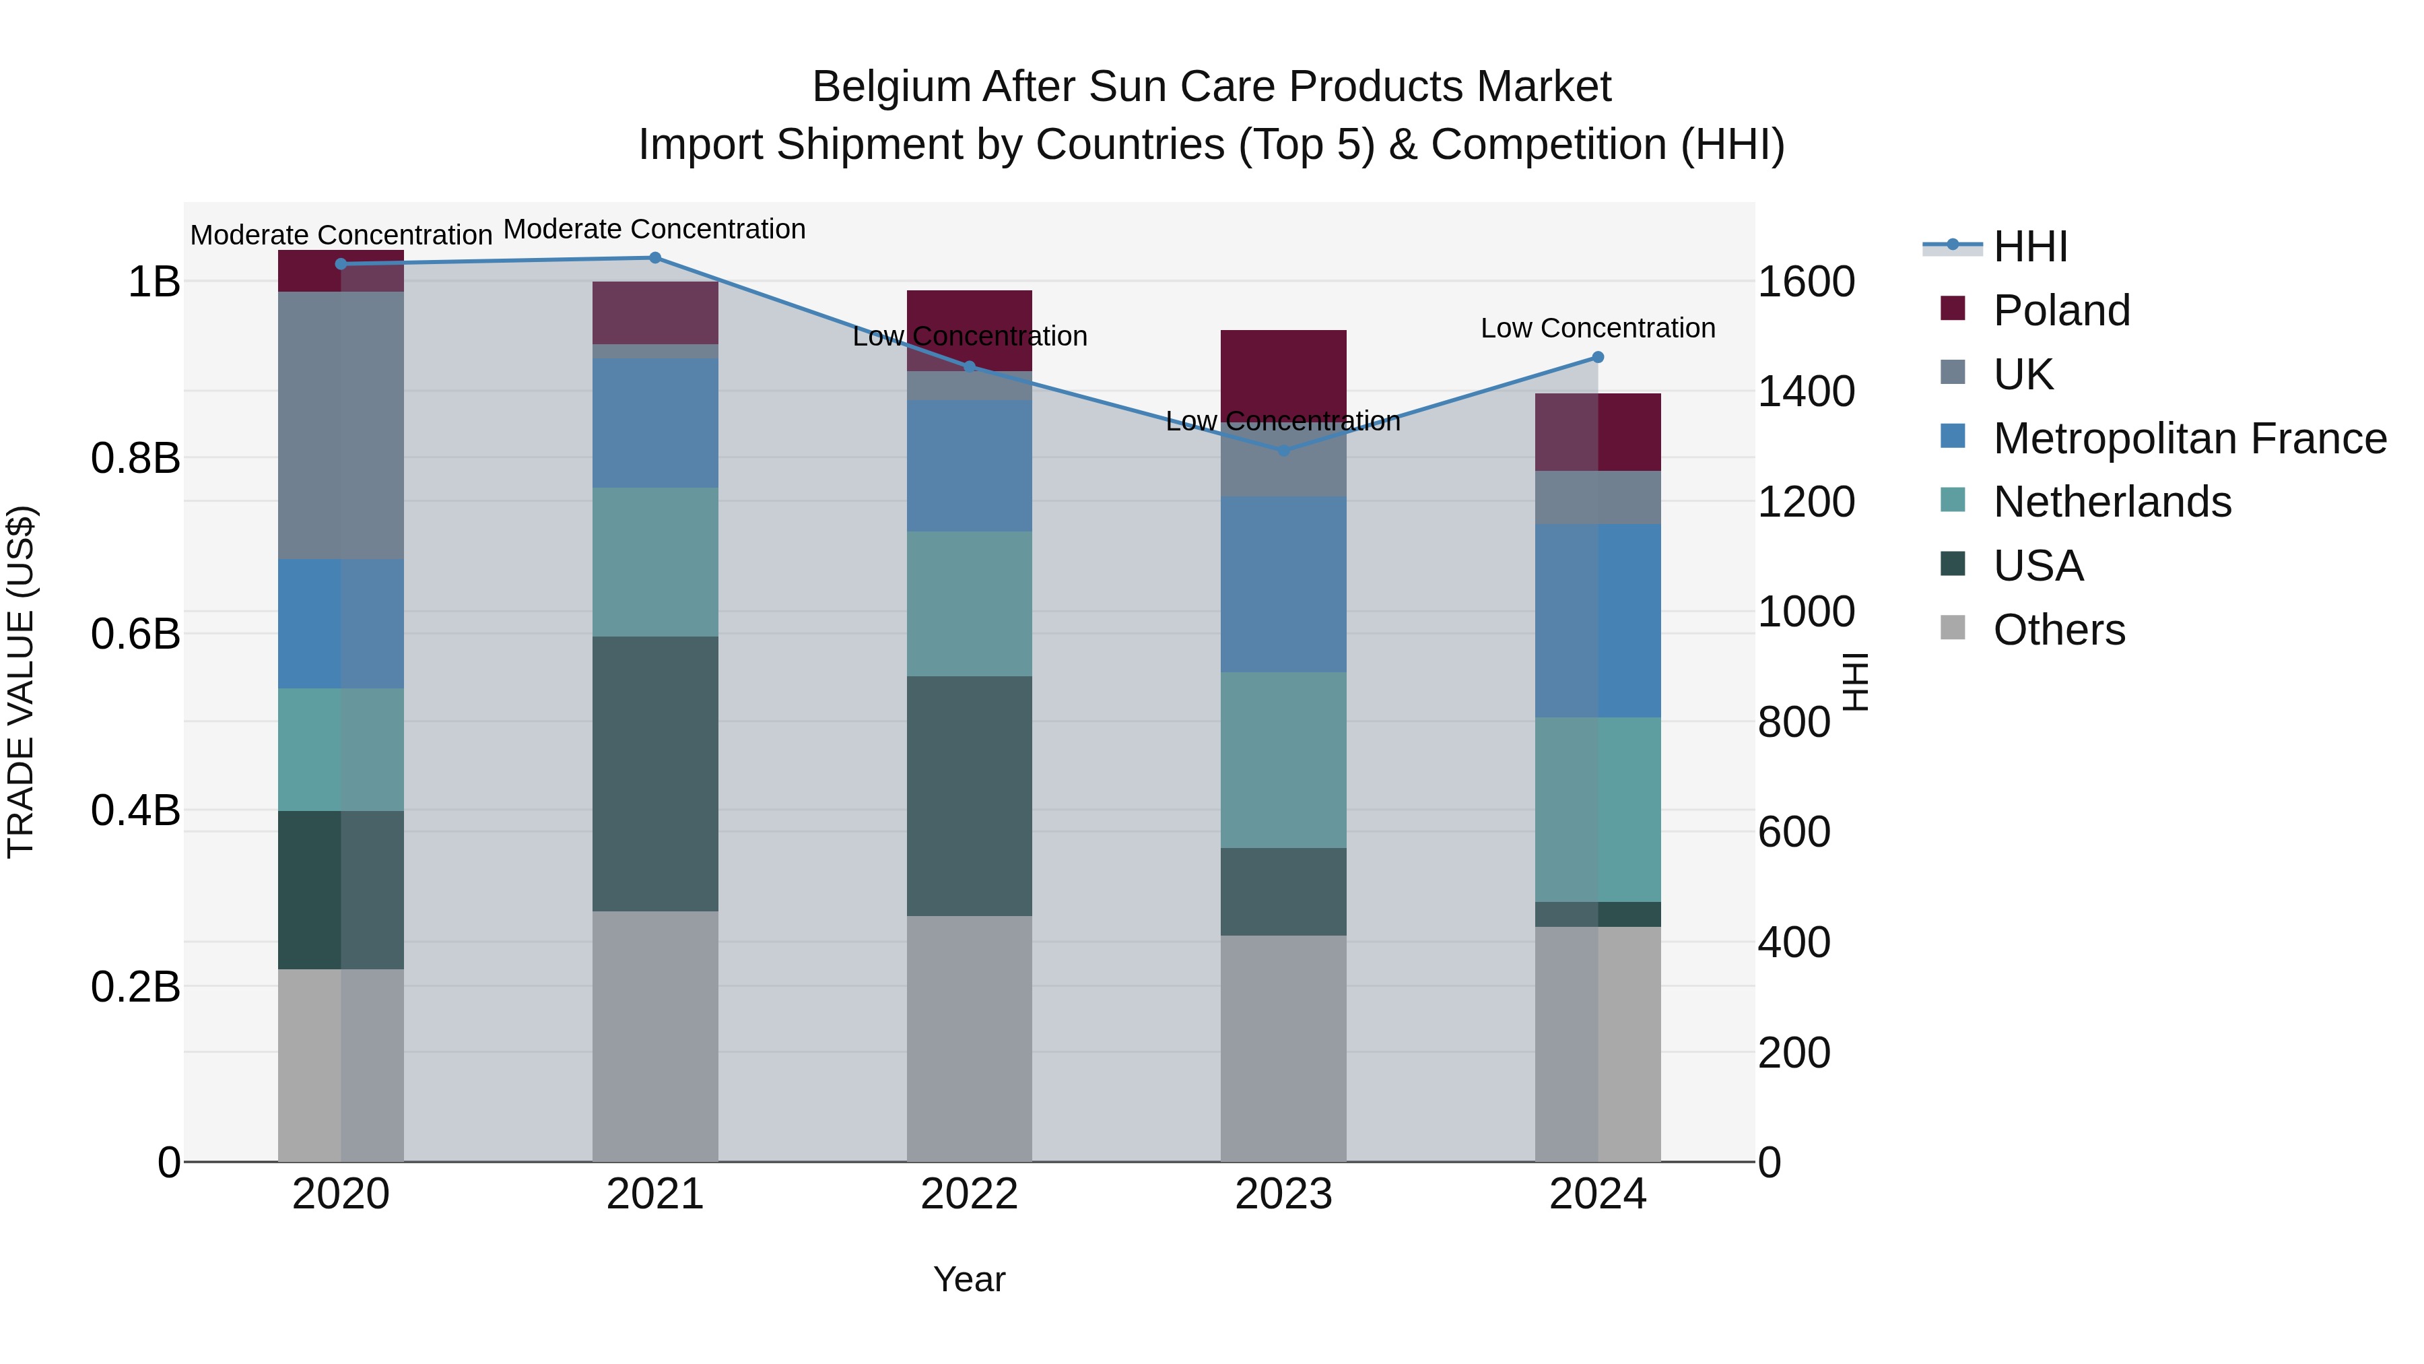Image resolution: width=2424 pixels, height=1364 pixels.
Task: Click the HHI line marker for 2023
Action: pos(1283,450)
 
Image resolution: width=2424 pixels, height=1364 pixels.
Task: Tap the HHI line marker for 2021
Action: pos(655,258)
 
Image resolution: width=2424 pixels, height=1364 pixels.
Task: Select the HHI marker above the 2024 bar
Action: pos(1598,358)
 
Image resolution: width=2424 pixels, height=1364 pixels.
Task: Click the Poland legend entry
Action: pos(2061,311)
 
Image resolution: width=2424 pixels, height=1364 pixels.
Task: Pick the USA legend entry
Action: pos(2038,566)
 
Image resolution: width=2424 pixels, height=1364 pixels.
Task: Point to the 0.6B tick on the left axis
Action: pos(135,635)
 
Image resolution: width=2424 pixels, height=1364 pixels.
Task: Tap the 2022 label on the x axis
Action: pos(969,1194)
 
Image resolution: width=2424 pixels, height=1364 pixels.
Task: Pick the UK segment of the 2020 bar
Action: pos(341,426)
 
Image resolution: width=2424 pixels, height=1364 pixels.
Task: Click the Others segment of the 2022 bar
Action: pos(969,1038)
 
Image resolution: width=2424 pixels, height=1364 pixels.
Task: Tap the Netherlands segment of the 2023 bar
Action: pos(1283,760)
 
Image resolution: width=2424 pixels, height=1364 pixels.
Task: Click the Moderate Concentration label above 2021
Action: pos(655,229)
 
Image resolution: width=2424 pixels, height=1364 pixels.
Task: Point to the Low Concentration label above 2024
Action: pos(1598,329)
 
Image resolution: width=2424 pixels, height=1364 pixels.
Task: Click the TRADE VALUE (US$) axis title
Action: pos(21,682)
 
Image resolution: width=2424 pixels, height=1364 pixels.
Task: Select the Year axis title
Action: pos(969,1279)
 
